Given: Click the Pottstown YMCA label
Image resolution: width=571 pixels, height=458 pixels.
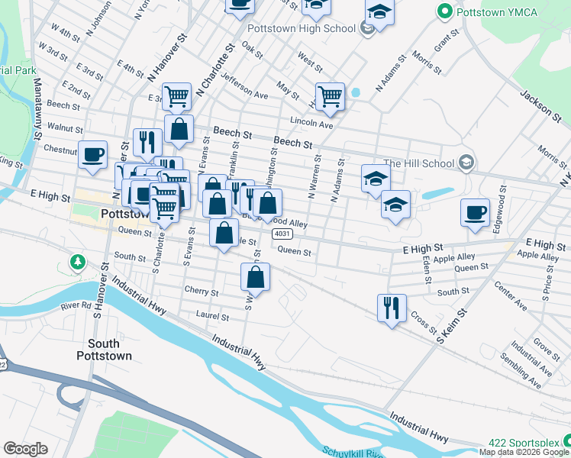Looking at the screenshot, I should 486,12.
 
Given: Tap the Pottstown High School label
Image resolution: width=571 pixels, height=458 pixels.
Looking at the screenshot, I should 302,28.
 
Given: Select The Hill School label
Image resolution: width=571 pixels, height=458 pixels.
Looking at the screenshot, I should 420,163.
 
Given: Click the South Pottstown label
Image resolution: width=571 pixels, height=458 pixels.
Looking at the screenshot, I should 104,350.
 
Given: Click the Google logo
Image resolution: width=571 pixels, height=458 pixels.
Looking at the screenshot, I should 25,449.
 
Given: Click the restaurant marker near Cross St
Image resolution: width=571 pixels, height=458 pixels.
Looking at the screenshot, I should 392,308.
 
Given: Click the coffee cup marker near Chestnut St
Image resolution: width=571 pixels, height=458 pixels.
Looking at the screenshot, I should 93,154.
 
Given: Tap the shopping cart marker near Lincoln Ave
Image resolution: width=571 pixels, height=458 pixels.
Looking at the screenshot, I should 330,96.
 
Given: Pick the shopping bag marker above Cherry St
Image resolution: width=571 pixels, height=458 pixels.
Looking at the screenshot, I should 256,277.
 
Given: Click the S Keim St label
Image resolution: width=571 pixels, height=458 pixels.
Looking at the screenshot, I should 452,327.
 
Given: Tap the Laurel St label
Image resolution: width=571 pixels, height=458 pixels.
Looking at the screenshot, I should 212,316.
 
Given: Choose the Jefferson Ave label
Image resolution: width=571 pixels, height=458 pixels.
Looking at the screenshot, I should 244,85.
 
